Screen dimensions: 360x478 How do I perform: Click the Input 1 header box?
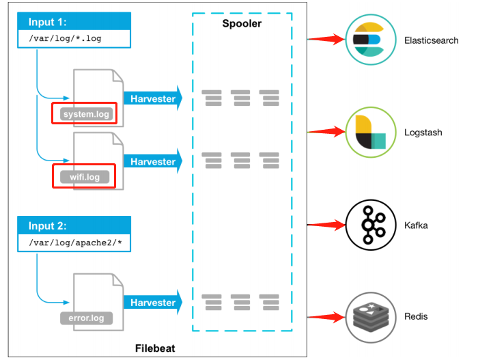click(x=73, y=22)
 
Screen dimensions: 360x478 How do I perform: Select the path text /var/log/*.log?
click(x=65, y=39)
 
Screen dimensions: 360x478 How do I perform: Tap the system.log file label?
click(x=84, y=113)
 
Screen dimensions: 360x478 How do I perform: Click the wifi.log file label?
click(x=84, y=177)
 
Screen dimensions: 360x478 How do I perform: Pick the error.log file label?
click(x=86, y=318)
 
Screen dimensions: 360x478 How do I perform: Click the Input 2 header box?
click(x=73, y=226)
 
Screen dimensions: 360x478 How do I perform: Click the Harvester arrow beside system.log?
click(x=153, y=98)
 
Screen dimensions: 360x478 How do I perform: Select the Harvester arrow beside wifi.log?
click(x=153, y=162)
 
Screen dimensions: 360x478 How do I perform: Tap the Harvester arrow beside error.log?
click(x=153, y=303)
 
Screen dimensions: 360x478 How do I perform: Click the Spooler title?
click(x=242, y=24)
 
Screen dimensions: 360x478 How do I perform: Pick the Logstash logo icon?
click(x=371, y=132)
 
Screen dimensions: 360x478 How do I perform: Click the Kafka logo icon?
click(x=371, y=225)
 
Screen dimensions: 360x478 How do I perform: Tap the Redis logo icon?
click(x=371, y=316)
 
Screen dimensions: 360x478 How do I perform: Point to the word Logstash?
click(x=423, y=133)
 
